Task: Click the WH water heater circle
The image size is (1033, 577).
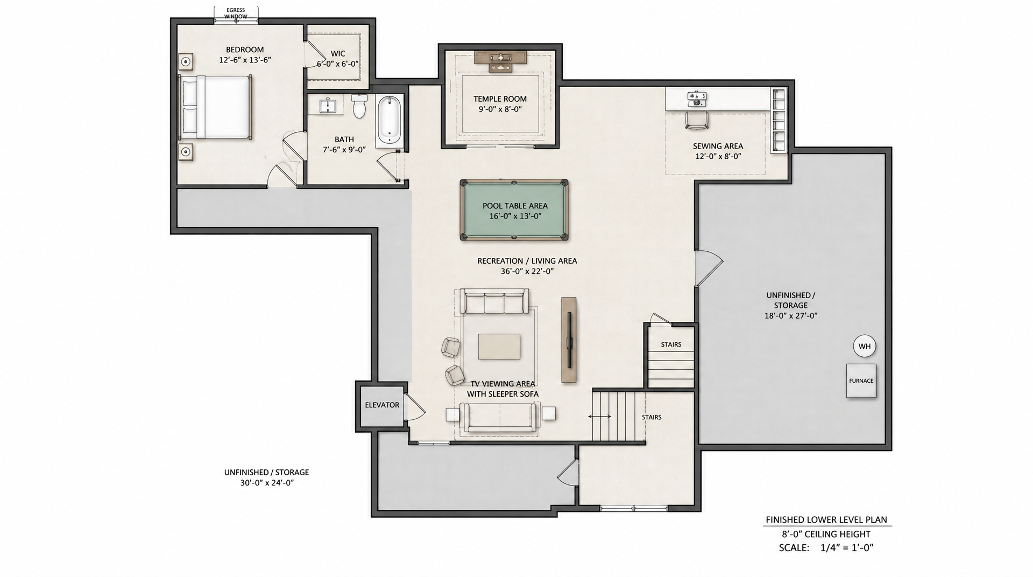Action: pos(865,346)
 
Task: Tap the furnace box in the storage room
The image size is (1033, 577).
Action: pos(861,381)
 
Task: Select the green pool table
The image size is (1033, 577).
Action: pos(514,210)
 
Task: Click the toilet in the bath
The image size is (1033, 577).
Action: pos(359,106)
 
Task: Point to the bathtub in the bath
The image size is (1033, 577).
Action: pos(389,121)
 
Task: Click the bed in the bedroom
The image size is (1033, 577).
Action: pos(215,107)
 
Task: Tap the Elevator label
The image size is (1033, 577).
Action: pos(382,405)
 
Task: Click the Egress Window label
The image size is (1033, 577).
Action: pos(236,13)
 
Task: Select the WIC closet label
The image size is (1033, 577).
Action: pos(338,53)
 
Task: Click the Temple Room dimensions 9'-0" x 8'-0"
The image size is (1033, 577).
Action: pos(500,109)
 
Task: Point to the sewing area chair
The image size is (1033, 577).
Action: pos(697,119)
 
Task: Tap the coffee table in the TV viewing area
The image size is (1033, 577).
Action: pos(499,346)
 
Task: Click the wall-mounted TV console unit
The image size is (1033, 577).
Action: pos(569,340)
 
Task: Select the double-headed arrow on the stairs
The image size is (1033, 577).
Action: pos(599,416)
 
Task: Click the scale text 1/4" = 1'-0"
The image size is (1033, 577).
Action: pos(847,548)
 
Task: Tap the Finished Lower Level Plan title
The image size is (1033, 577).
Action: pos(826,520)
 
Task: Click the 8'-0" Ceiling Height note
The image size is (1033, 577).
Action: pos(826,534)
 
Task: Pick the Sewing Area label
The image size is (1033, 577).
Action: pos(718,146)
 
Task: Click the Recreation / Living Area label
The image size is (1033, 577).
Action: pos(527,261)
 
